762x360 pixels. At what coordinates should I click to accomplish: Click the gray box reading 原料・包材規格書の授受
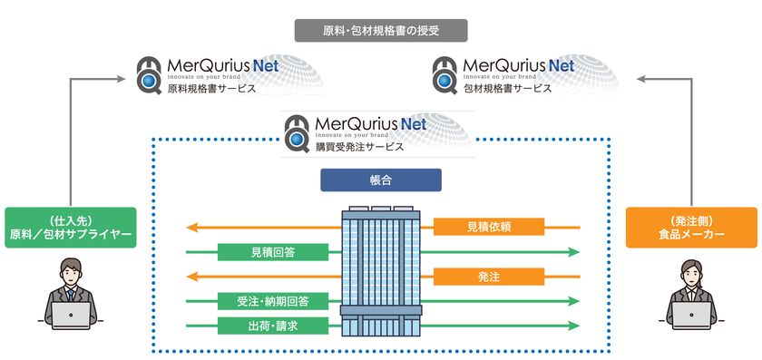(x=381, y=31)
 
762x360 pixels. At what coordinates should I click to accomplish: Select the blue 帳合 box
(x=381, y=180)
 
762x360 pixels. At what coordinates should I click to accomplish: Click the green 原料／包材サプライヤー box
(x=70, y=228)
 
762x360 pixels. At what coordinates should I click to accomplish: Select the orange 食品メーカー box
(x=691, y=228)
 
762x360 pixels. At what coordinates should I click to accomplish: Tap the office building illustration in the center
(x=381, y=272)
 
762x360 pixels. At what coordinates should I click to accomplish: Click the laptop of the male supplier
(x=71, y=316)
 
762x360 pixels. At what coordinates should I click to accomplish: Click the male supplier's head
(x=71, y=271)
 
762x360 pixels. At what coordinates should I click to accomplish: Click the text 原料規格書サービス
(x=211, y=89)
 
